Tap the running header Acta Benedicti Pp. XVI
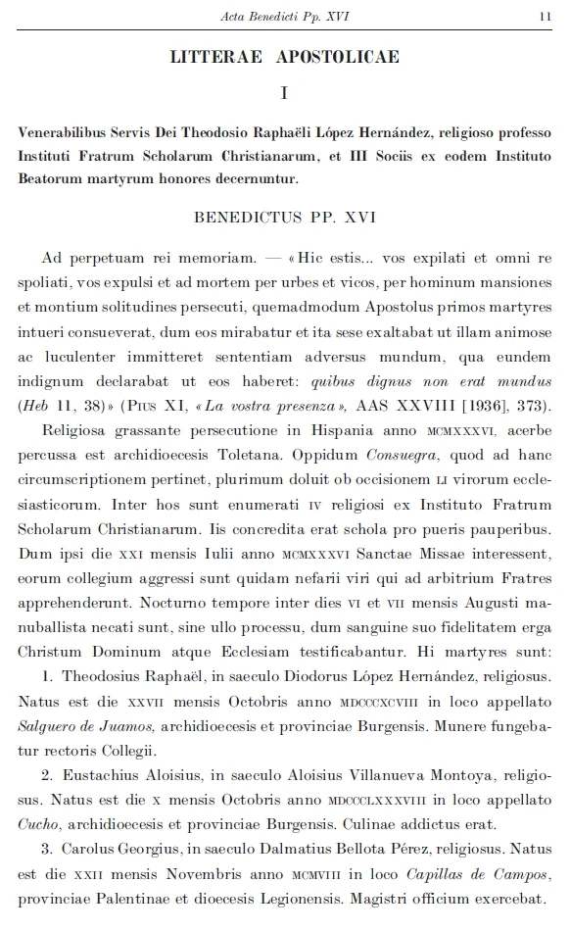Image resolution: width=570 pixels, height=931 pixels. pos(283,16)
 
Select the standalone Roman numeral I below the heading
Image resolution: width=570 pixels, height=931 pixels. pos(284,94)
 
